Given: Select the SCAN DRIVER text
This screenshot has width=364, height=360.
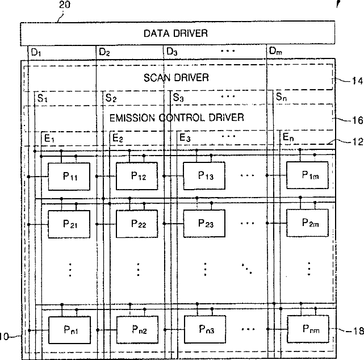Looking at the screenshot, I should [x=177, y=77].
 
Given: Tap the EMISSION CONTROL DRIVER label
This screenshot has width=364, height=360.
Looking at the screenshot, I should [x=177, y=118].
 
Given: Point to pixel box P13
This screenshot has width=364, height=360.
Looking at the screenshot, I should [x=204, y=175].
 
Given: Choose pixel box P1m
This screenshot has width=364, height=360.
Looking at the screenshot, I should [x=307, y=175].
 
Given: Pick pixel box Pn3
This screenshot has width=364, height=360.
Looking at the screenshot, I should [x=204, y=329].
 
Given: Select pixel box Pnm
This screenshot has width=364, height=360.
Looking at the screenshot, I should [x=307, y=329].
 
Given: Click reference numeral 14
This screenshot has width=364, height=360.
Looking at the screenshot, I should [x=355, y=81].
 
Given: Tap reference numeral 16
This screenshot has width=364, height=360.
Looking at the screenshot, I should [x=355, y=120].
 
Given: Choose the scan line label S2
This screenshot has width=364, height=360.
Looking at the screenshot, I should [x=110, y=98].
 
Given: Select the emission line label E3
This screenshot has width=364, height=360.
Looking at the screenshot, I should [x=184, y=138].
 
